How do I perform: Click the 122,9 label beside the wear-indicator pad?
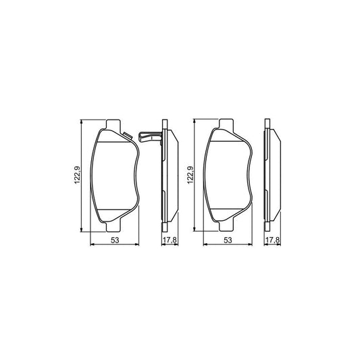tap(77, 174)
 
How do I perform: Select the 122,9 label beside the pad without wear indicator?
tap(190, 174)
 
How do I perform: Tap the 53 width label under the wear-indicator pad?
tap(115, 240)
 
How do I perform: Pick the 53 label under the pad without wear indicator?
tap(228, 240)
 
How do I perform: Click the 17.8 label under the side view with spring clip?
tap(170, 240)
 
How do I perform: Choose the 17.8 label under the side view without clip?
tap(272, 240)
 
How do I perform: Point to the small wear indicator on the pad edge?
tap(127, 136)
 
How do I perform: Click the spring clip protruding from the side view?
tap(151, 137)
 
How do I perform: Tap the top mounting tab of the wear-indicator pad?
tap(113, 125)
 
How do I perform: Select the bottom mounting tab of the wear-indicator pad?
tap(113, 226)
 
